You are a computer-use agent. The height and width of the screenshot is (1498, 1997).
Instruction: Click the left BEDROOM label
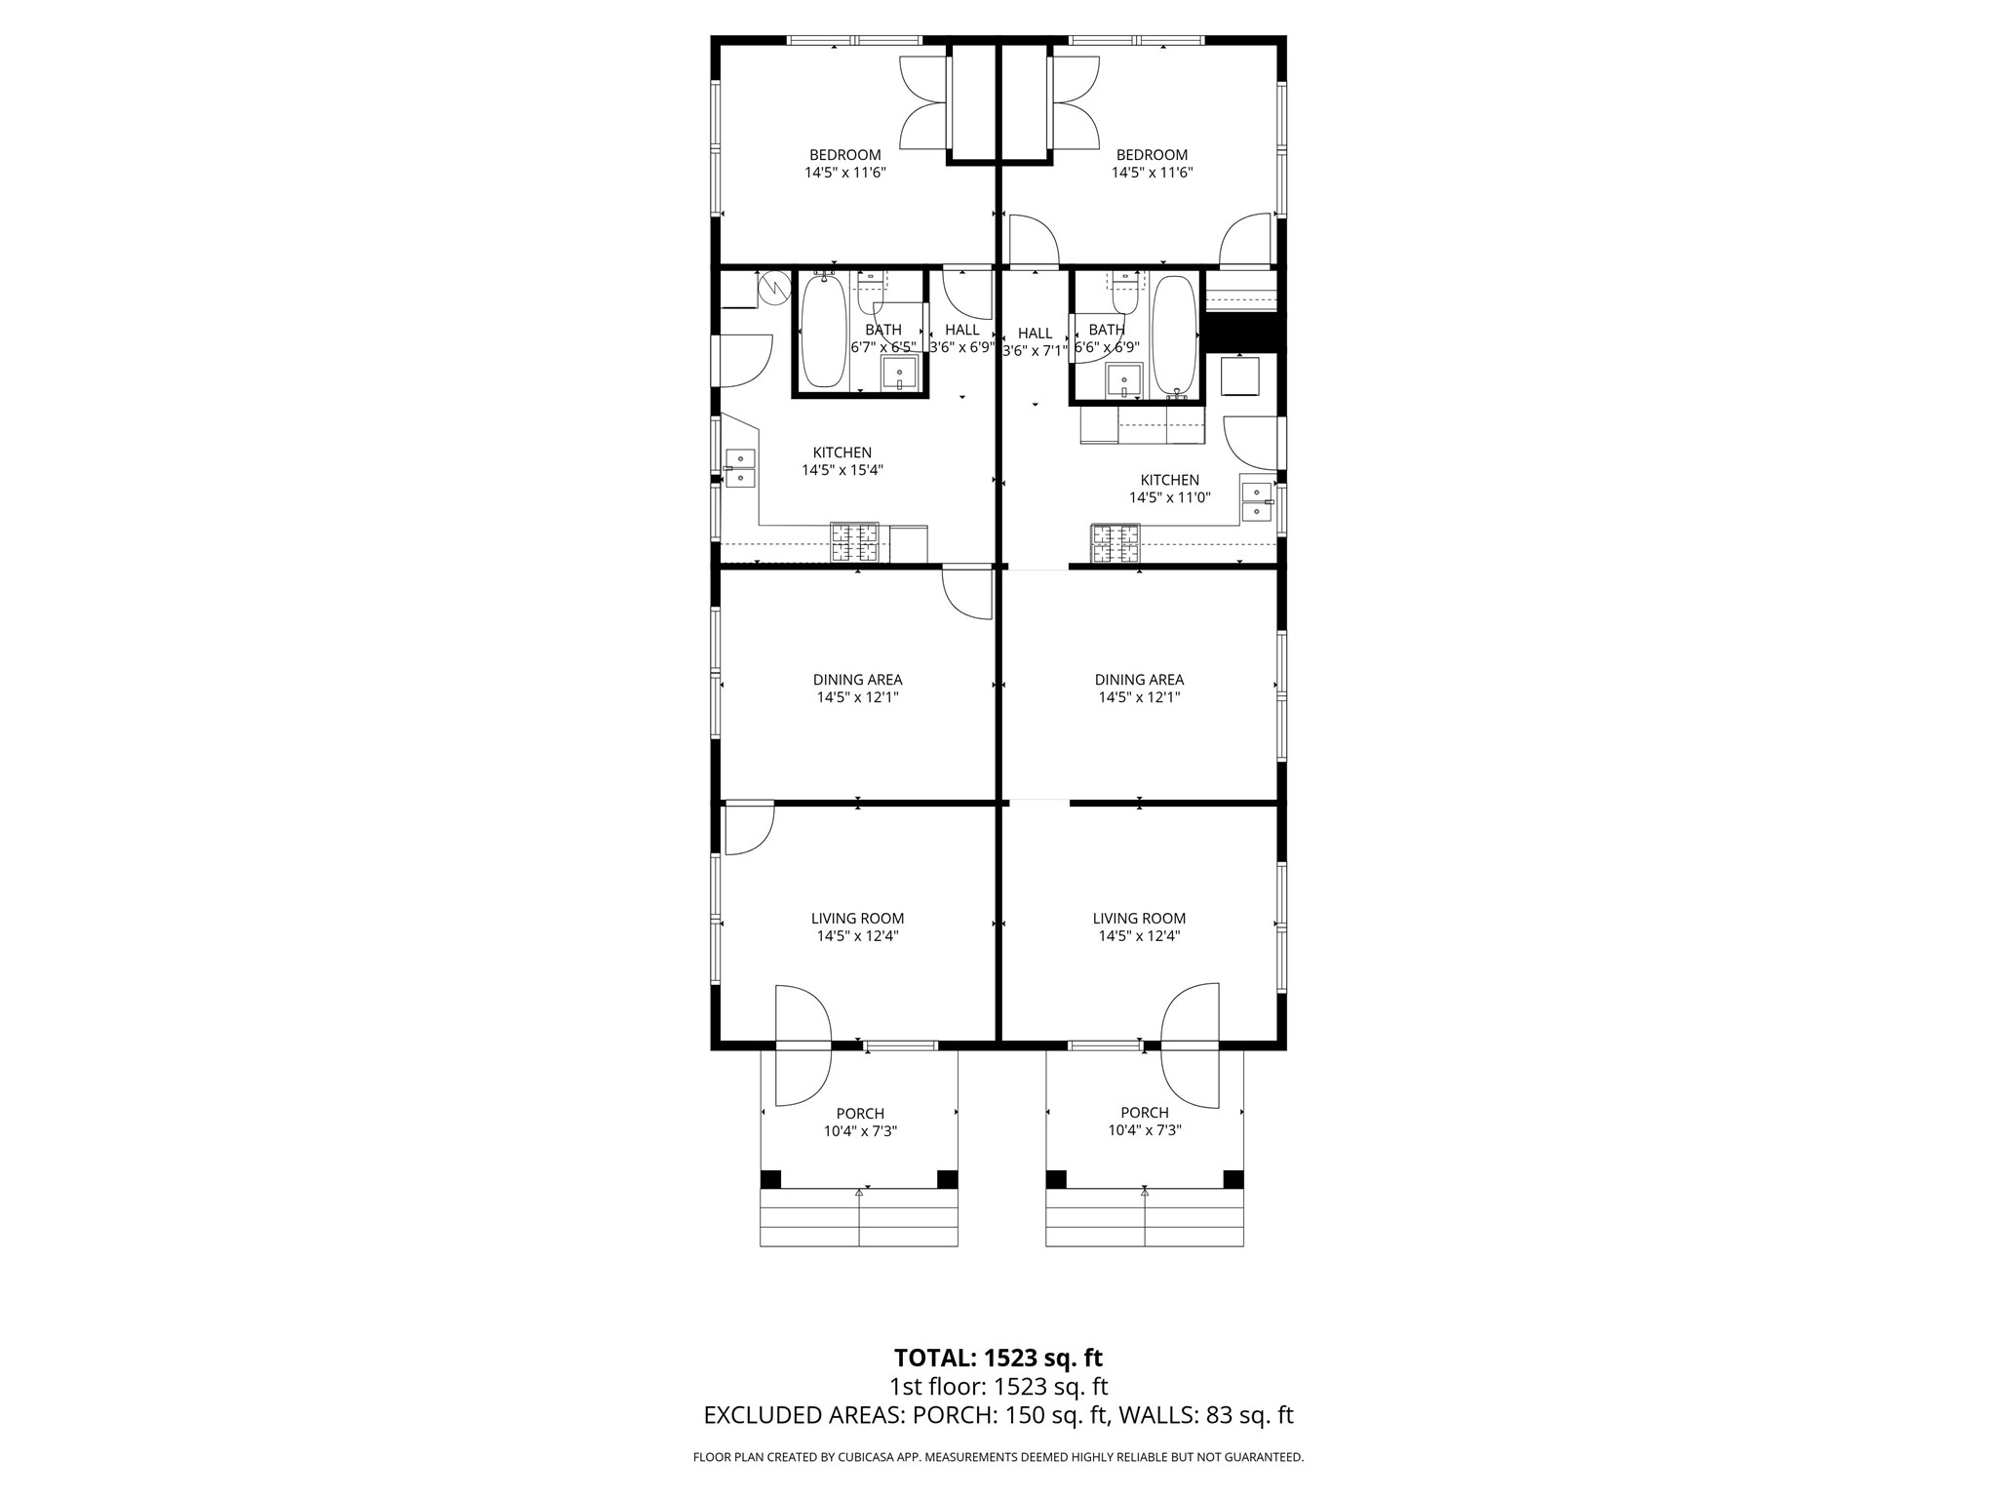click(844, 155)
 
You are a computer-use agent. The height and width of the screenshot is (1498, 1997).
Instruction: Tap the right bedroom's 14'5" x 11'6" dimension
click(1152, 173)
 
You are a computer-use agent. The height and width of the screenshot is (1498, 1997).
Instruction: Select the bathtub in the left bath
click(824, 330)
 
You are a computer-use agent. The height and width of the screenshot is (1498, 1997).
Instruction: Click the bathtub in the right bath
click(1174, 336)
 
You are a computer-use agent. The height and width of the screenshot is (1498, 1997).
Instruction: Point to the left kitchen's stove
click(855, 543)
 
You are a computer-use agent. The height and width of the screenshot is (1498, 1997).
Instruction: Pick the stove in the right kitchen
click(1115, 544)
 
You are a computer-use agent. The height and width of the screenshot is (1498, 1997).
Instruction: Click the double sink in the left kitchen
click(740, 468)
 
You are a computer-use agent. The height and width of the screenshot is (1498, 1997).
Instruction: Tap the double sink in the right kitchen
click(1257, 501)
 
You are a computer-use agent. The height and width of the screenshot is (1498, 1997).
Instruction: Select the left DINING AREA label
click(857, 680)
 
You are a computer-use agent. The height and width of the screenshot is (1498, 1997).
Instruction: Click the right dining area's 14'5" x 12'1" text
click(1139, 697)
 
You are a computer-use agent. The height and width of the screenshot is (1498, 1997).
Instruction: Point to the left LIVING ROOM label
click(857, 919)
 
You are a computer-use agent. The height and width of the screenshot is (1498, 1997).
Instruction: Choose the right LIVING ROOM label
click(1139, 919)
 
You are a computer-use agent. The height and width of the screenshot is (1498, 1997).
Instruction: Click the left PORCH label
click(860, 1114)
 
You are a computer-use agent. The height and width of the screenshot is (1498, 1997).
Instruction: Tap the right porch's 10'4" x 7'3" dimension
click(1145, 1130)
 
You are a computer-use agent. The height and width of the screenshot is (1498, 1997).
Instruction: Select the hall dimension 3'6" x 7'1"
click(1035, 351)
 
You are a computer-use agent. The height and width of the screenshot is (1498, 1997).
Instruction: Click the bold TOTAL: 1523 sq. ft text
click(998, 1358)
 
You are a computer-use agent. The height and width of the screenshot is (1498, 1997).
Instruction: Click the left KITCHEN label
click(842, 453)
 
